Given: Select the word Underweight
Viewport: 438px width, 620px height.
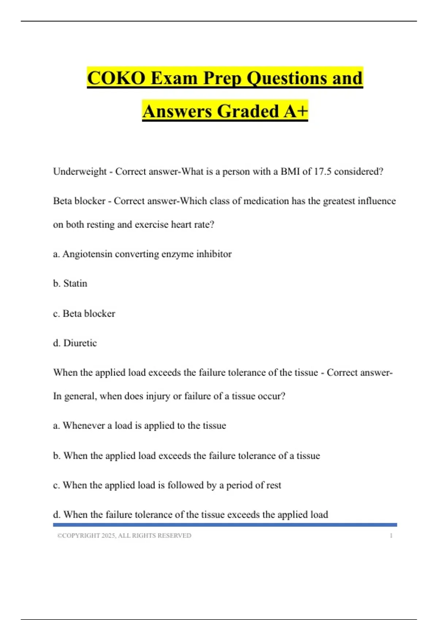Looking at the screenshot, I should click(x=80, y=171).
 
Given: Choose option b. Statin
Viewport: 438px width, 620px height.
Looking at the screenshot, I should click(x=70, y=283).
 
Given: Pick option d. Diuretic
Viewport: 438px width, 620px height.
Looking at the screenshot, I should click(x=75, y=343).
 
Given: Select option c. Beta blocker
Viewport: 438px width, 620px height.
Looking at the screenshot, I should click(x=84, y=313).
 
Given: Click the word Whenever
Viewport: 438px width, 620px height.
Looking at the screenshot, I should click(x=84, y=426).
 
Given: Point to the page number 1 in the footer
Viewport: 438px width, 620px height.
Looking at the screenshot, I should click(x=391, y=535).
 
